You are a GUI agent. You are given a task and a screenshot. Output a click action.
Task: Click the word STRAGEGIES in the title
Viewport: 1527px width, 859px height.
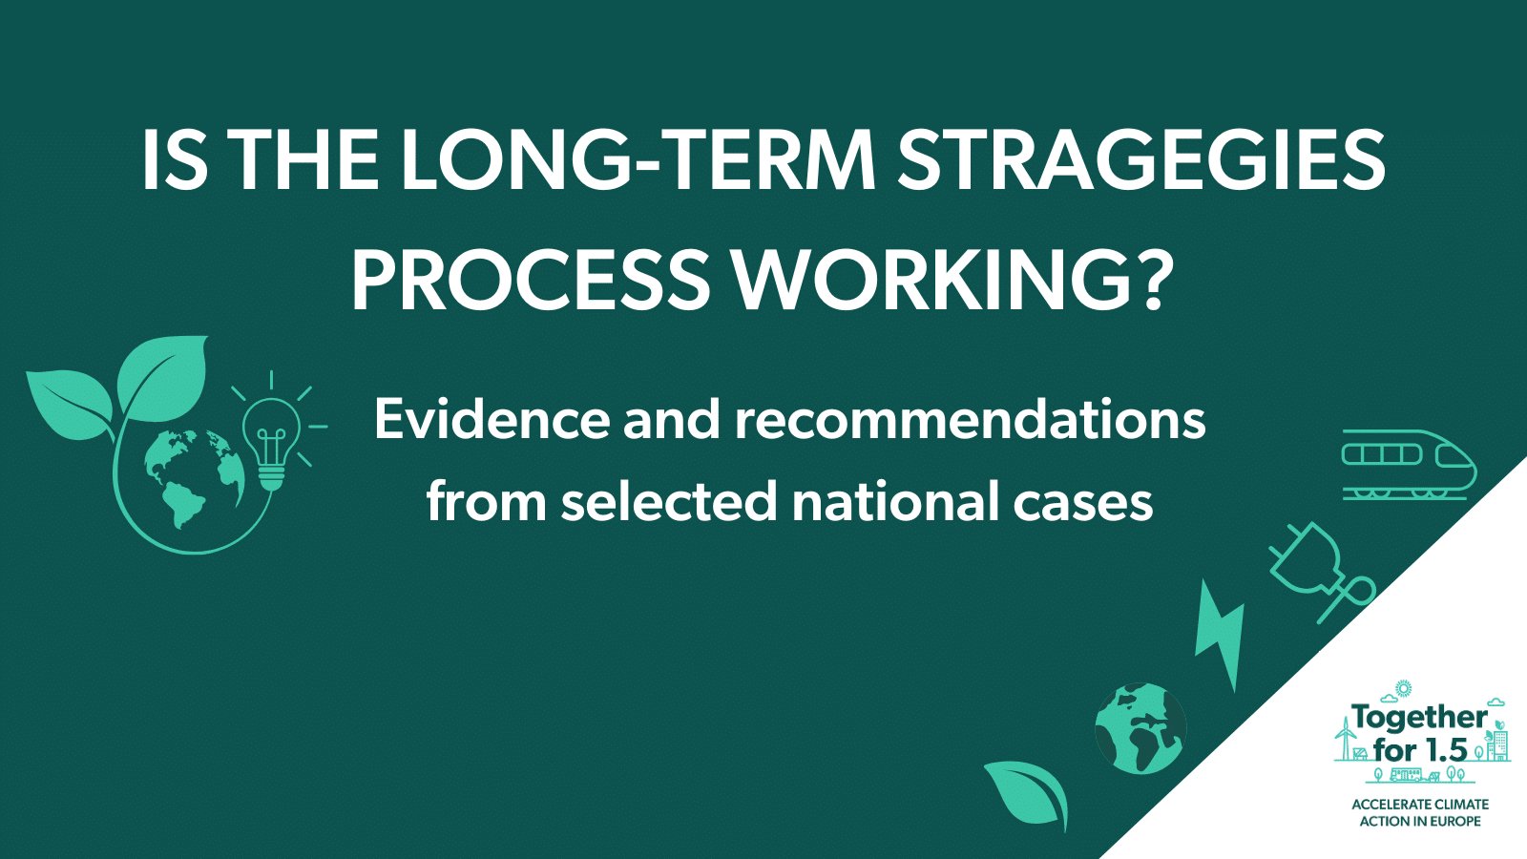[1141, 161]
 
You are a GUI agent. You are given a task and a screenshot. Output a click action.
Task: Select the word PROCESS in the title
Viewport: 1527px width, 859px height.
[531, 281]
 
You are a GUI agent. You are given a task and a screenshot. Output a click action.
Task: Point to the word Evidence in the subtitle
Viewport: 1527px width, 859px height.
[492, 419]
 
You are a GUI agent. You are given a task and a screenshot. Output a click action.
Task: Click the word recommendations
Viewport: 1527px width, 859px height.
[970, 419]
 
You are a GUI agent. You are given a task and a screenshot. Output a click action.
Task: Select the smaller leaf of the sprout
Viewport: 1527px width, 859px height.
[70, 404]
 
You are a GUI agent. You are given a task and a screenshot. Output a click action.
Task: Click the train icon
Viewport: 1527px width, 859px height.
[1409, 464]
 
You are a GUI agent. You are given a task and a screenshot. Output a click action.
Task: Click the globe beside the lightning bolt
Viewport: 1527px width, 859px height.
[1140, 728]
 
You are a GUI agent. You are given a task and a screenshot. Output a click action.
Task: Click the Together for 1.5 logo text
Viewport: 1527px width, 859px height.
[1420, 733]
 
